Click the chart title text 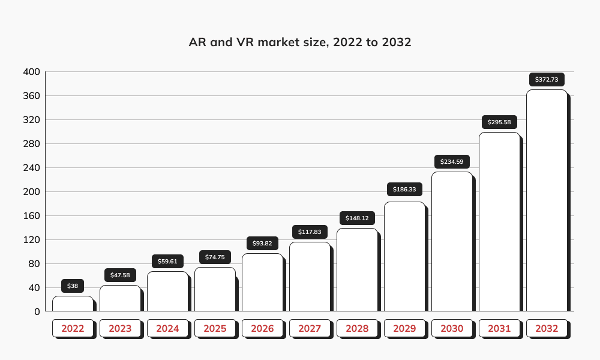(300, 43)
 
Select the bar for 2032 (547, 200)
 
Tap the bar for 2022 (73, 304)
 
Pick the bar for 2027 (310, 277)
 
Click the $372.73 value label (547, 80)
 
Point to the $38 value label (73, 286)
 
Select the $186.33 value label (404, 189)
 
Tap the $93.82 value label (262, 243)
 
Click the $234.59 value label (452, 161)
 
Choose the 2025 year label (215, 329)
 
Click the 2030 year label (452, 329)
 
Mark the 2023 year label (120, 329)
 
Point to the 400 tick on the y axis (31, 72)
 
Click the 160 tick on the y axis (31, 216)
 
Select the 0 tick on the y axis (37, 312)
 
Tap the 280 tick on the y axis (31, 144)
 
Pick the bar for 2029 (404, 256)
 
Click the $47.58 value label (120, 275)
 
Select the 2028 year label (357, 329)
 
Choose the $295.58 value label (499, 122)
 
